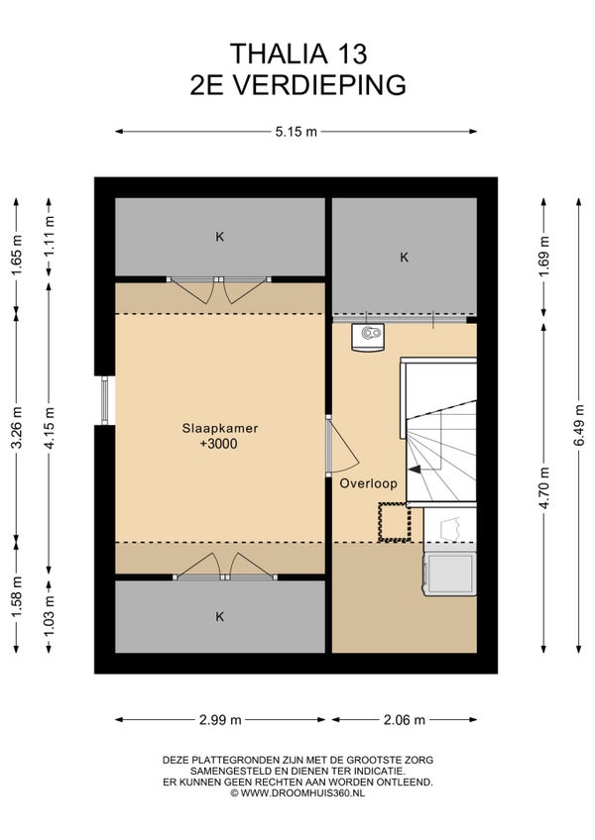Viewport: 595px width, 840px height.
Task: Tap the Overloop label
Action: point(369,483)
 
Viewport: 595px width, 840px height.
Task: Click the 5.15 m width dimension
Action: point(297,132)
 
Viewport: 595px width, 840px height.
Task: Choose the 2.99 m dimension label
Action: point(220,720)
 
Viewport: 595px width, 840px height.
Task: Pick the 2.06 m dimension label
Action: point(405,720)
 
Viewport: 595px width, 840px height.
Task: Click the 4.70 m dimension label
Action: point(544,488)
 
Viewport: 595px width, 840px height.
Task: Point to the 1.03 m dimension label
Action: point(50,616)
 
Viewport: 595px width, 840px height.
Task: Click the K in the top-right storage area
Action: point(405,258)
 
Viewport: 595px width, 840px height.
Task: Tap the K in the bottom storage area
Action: point(219,616)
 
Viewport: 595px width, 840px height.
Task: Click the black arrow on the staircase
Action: point(415,470)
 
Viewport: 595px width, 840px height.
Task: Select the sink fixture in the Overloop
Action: point(368,338)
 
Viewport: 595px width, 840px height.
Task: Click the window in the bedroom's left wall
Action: point(105,401)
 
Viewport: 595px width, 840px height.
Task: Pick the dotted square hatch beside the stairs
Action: point(395,522)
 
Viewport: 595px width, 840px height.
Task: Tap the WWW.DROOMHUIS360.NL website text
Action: point(302,793)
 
